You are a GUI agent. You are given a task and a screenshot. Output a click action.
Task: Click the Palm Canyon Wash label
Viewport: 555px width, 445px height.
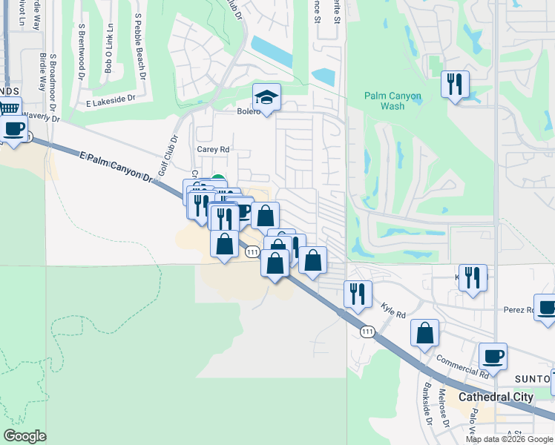(x=393, y=101)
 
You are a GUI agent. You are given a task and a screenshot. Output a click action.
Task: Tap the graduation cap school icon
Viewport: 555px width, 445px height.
(x=266, y=97)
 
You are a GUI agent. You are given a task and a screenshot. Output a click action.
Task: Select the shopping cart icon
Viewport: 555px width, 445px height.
(x=8, y=108)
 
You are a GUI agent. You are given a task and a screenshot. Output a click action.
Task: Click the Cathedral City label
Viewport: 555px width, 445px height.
(x=496, y=397)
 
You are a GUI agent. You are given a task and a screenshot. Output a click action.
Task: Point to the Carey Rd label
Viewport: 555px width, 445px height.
(x=213, y=149)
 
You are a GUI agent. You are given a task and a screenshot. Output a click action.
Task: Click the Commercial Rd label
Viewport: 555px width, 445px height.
(x=460, y=365)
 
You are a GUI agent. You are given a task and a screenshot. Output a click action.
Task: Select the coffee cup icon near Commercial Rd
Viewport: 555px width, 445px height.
(x=493, y=356)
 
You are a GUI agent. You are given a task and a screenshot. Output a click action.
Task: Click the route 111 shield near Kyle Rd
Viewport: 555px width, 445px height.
(x=367, y=332)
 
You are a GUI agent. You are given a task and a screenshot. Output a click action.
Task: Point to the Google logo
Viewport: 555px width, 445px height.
(x=24, y=436)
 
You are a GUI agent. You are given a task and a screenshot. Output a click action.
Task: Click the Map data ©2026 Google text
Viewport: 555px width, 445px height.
(x=509, y=439)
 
